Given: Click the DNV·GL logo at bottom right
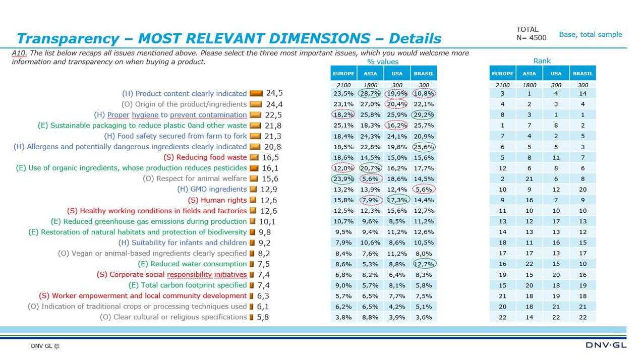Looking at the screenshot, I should pyautogui.click(x=606, y=345).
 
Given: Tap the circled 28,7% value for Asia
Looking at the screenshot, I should pyautogui.click(x=370, y=93).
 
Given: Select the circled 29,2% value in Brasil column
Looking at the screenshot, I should pyautogui.click(x=424, y=114).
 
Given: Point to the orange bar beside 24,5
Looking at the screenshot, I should pyautogui.click(x=256, y=93).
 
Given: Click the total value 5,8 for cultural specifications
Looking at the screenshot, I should pyautogui.click(x=263, y=317).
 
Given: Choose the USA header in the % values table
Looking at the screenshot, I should pyautogui.click(x=397, y=73).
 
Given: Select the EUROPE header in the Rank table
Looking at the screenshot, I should pyautogui.click(x=502, y=73).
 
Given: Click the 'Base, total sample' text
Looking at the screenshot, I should pyautogui.click(x=591, y=34).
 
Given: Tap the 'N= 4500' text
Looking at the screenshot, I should pyautogui.click(x=531, y=38).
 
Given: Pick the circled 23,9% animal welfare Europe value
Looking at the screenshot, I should pyautogui.click(x=343, y=178).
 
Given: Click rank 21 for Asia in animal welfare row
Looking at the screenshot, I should pyautogui.click(x=529, y=178).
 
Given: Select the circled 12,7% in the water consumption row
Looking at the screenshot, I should pyautogui.click(x=424, y=264).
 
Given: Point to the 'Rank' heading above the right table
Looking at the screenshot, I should pyautogui.click(x=542, y=61).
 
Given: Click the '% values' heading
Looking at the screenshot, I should pyautogui.click(x=383, y=62).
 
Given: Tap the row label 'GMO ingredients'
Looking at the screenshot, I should pyautogui.click(x=212, y=189).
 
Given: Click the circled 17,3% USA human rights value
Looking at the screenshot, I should pyautogui.click(x=397, y=200).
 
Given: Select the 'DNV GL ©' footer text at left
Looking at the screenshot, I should pyautogui.click(x=45, y=346).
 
